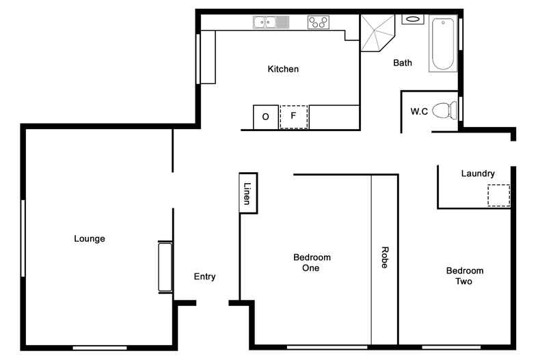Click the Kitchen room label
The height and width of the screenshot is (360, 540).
coord(283,69)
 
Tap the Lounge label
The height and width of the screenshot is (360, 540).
coord(90,238)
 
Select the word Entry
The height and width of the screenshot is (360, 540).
coord(204,277)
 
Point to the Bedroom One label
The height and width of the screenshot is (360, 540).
coord(312,262)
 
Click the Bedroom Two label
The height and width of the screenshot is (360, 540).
coord(464,276)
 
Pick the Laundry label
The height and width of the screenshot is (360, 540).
coord(477,174)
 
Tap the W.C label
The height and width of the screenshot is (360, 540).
coord(419,111)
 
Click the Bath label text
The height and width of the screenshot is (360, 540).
coord(403,63)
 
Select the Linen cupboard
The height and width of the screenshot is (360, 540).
coord(247,193)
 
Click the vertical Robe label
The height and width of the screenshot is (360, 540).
coord(384,258)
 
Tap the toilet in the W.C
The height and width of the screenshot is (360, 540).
coord(445,110)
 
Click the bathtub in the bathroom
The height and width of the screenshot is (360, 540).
coord(443,44)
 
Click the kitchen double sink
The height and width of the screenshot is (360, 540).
coord(271,23)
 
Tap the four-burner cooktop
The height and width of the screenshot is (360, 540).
coord(318,23)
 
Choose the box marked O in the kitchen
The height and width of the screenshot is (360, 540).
coord(265,117)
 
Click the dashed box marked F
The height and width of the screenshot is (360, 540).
coord(294,116)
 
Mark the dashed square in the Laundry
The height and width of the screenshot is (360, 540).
coord(498,195)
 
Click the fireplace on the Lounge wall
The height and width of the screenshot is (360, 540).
coord(165,266)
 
